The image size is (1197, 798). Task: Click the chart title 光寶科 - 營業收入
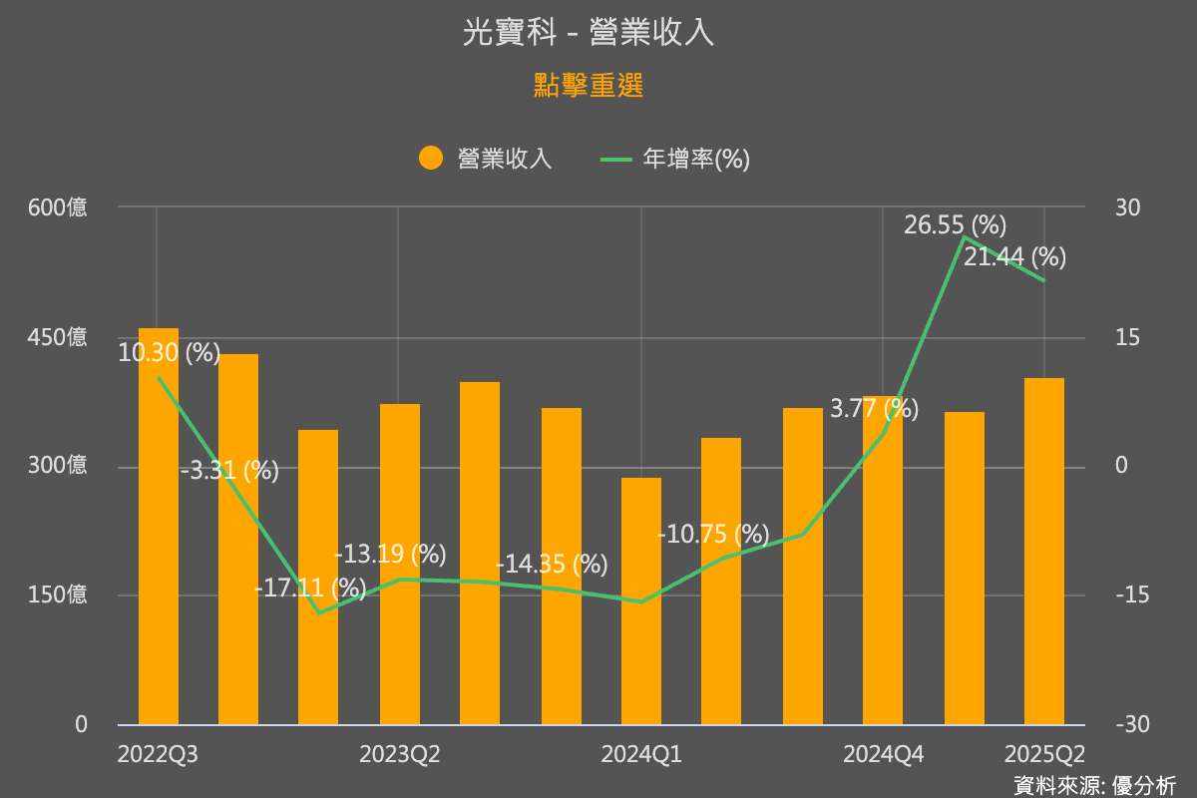coord(589,33)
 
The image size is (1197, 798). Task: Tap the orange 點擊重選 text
coord(589,86)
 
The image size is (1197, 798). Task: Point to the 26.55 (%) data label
coord(955,225)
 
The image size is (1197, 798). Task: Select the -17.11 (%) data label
coord(310,589)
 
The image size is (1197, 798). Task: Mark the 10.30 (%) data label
coord(170,353)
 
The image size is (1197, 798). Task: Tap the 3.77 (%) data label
coord(874,408)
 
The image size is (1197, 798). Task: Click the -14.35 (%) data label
coord(552,564)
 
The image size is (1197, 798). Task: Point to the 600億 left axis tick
coord(58,207)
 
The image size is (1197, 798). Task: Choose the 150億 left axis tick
coord(58,596)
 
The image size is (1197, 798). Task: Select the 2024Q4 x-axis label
coord(883,755)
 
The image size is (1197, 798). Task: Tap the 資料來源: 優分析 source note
coord(1094,785)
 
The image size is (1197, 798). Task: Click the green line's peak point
coord(964,237)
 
